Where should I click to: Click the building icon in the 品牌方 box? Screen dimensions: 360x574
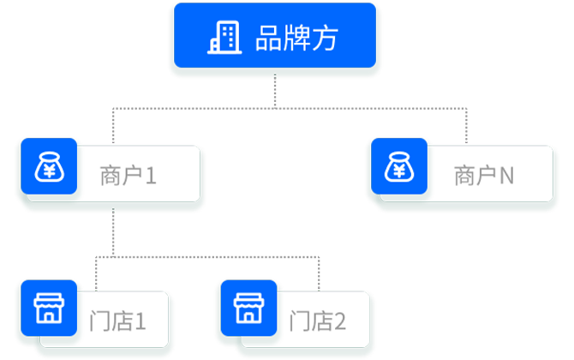tap(225, 37)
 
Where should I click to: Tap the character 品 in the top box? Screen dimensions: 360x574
tap(268, 38)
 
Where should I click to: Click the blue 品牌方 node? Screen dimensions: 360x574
tap(274, 38)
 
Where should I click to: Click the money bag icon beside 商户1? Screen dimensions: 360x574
tap(48, 168)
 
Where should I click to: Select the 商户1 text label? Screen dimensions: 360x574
tap(128, 177)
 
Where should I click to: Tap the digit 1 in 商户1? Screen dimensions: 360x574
tap(151, 177)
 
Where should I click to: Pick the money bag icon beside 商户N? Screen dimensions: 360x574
tap(399, 168)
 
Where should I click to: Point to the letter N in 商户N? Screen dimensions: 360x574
tap(506, 177)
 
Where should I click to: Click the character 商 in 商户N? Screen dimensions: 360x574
tap(463, 177)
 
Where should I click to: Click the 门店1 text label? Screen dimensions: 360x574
tap(117, 321)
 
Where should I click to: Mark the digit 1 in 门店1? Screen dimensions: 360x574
tap(140, 321)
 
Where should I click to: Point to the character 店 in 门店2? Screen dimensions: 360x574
tap(320, 321)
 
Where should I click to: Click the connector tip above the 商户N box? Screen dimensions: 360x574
tap(466, 138)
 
